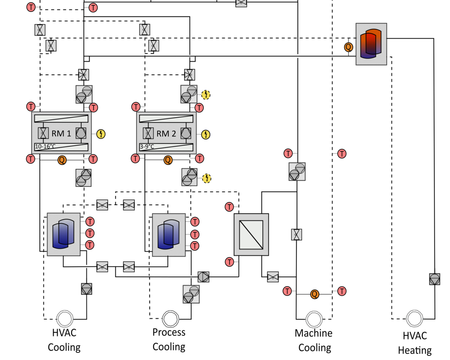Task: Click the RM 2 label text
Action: pyautogui.click(x=166, y=133)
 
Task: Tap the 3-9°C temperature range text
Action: pyautogui.click(x=147, y=146)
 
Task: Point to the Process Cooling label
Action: pyautogui.click(x=169, y=339)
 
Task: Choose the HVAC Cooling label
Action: pyautogui.click(x=64, y=339)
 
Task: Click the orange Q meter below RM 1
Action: pyautogui.click(x=62, y=160)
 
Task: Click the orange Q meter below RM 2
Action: pyautogui.click(x=168, y=160)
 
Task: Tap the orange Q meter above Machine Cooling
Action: pyautogui.click(x=315, y=294)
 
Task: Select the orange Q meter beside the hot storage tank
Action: pyautogui.click(x=348, y=47)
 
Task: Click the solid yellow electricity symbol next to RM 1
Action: pyautogui.click(x=101, y=134)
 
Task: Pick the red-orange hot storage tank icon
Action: pyautogui.click(x=371, y=44)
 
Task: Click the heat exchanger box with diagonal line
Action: pyautogui.click(x=251, y=235)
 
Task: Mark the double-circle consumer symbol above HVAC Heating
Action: pyautogui.click(x=414, y=319)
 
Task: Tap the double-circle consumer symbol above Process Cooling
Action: pyautogui.click(x=171, y=319)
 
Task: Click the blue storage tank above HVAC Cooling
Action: pyautogui.click(x=63, y=235)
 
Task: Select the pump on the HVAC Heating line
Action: pyautogui.click(x=434, y=279)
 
